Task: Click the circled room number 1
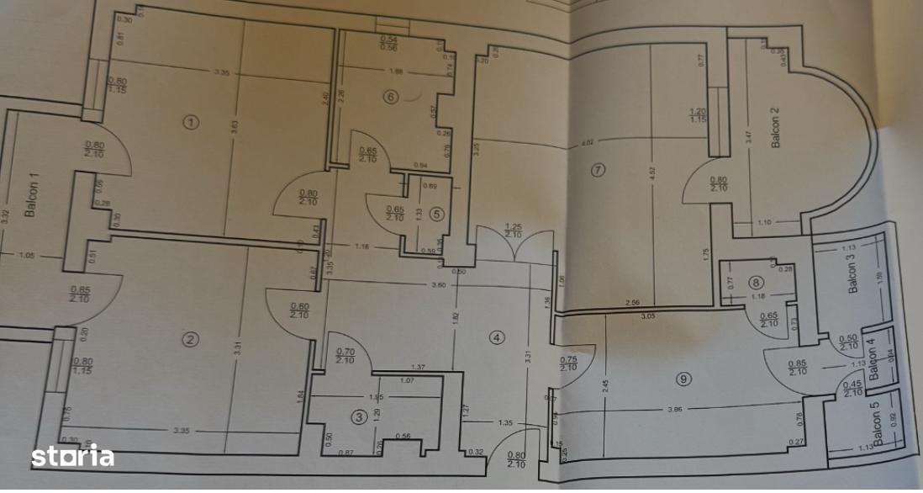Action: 192,122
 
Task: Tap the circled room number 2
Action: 191,339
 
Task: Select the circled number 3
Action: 359,416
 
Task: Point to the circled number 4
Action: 497,337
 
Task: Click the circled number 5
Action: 435,214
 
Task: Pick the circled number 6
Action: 389,97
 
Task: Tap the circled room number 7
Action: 598,170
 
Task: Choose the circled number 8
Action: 757,283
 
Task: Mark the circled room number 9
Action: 683,379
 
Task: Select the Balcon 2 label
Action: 775,129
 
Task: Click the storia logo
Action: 72,457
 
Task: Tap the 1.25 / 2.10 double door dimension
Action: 514,231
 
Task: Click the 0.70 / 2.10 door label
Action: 345,356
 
